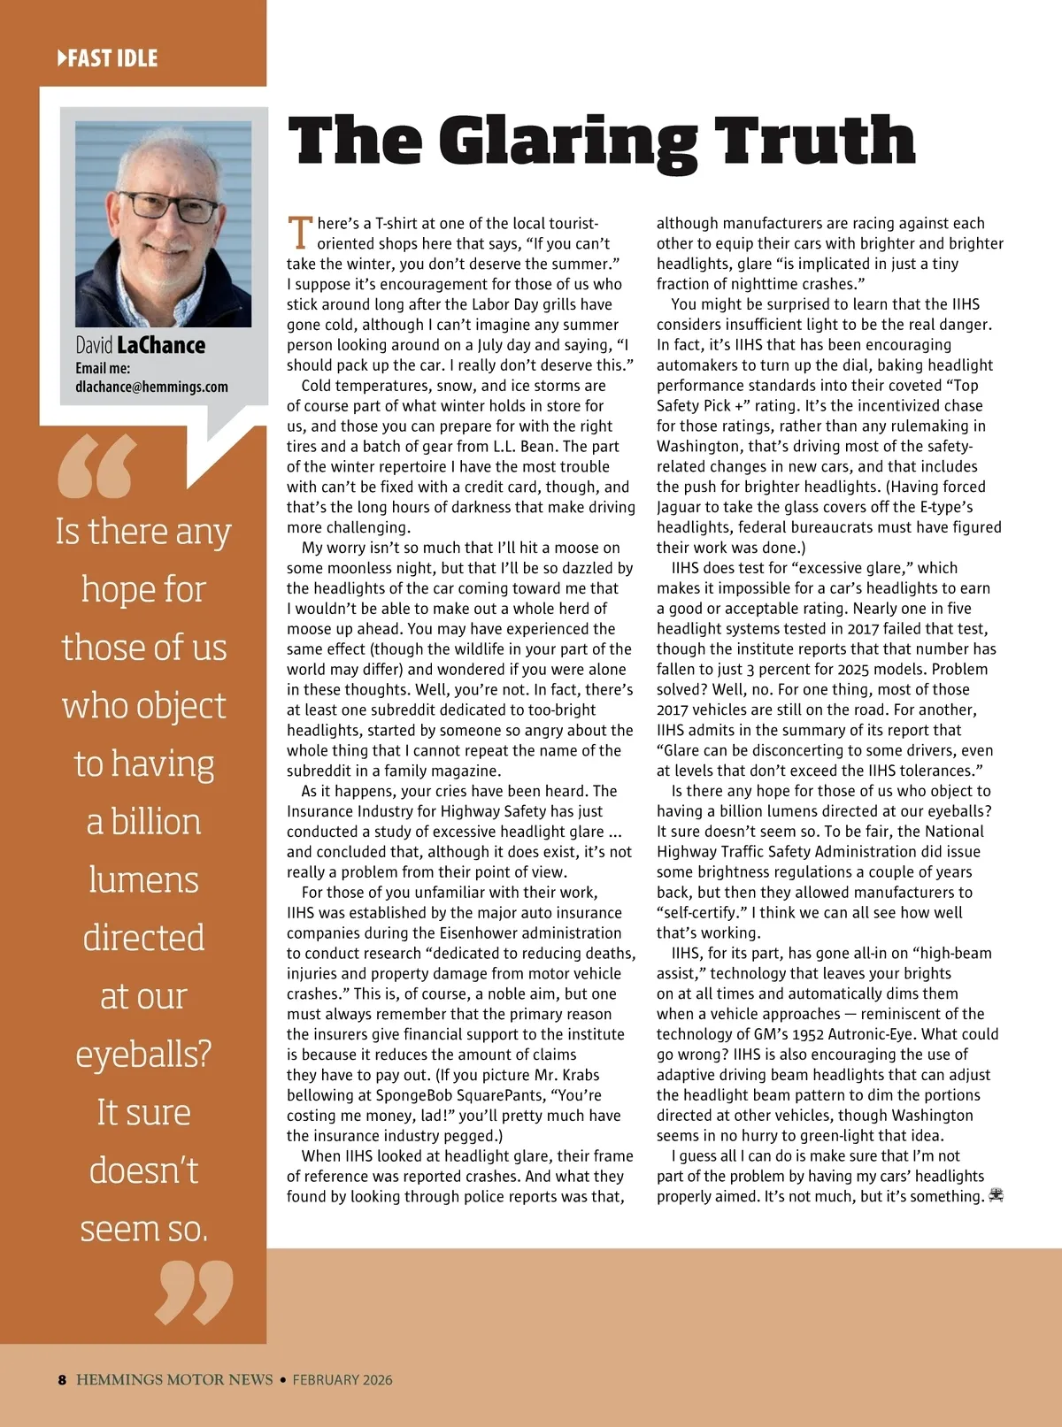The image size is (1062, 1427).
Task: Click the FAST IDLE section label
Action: coord(108,58)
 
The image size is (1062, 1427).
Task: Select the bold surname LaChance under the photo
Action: coord(161,345)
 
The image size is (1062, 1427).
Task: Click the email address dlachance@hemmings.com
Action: coord(151,387)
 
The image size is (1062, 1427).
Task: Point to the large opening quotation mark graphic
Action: coord(97,465)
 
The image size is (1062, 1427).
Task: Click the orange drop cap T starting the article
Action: coord(300,233)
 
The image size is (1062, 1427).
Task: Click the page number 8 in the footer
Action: coord(62,1380)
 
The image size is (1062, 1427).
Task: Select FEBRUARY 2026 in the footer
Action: coord(342,1380)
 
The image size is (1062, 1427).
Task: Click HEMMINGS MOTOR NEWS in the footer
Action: coord(174,1380)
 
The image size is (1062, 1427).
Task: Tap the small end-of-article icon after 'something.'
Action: coord(997,1195)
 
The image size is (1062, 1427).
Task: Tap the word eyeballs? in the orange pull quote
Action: coord(143,1055)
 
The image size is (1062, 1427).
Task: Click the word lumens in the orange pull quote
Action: coord(143,880)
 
